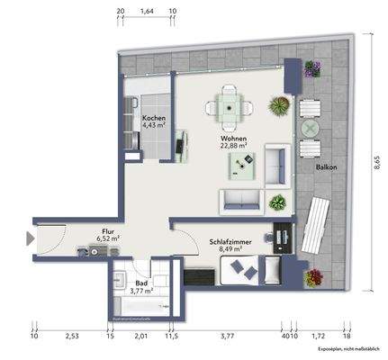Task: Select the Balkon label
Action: click(325, 166)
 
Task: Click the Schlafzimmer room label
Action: click(230, 242)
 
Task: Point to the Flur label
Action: click(108, 231)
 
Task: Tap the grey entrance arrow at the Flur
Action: click(32, 239)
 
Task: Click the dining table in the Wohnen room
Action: click(230, 107)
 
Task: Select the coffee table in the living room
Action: click(243, 163)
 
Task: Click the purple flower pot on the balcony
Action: click(312, 68)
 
